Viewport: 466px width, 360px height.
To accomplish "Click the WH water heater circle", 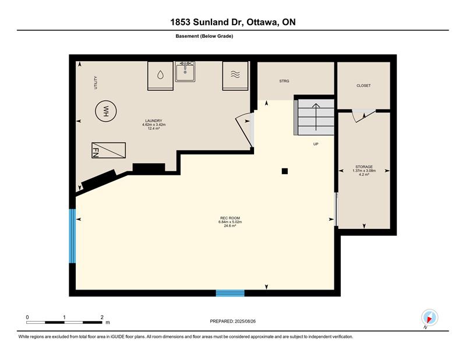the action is pos(106,111).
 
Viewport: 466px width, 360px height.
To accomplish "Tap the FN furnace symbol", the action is pos(108,150).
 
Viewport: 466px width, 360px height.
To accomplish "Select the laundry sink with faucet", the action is pos(185,71).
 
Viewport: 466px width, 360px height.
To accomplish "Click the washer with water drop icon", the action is pos(160,76).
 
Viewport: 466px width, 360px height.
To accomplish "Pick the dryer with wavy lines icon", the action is pos(235,76).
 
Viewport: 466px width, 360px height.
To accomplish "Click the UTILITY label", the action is pos(96,83).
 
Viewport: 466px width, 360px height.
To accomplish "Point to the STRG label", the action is pos(284,81).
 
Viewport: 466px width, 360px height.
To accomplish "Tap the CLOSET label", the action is pos(363,86).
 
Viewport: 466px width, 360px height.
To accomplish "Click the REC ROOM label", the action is pos(230,218).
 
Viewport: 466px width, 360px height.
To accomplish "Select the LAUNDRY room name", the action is pos(154,121).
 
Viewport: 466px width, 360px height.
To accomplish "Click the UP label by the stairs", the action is pos(316,144).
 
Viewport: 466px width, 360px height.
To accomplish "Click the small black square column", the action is pos(285,171).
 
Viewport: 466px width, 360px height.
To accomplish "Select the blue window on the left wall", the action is pos(72,236).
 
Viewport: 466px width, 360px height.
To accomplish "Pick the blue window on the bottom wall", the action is pos(230,293).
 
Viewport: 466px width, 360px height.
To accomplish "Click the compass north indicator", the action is pos(429,317).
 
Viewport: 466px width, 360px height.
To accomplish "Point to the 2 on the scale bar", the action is pos(102,317).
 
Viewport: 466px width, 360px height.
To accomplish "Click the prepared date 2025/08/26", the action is pos(245,322).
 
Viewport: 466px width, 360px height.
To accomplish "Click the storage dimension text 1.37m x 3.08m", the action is pos(364,171).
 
